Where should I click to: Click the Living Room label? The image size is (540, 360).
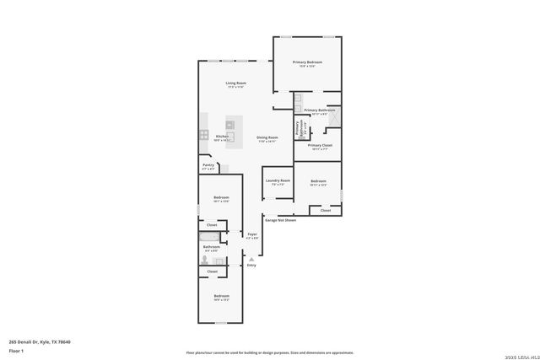click(x=235, y=83)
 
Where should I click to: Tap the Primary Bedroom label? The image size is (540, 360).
click(x=307, y=62)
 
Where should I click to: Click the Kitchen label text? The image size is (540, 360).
click(x=222, y=136)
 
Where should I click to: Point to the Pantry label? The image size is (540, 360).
click(x=208, y=166)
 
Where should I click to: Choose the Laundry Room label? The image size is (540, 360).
click(x=278, y=180)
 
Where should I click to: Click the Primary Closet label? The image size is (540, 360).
click(x=320, y=146)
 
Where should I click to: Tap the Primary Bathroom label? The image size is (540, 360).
click(x=320, y=110)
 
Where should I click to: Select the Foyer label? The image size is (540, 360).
click(x=251, y=234)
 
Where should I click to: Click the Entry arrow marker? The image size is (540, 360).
click(x=251, y=259)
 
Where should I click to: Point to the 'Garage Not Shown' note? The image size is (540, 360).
click(x=281, y=220)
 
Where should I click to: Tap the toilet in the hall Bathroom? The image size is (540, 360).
click(x=205, y=262)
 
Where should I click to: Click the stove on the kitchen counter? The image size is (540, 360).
click(x=203, y=134)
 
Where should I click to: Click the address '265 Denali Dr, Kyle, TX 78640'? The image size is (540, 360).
click(x=40, y=341)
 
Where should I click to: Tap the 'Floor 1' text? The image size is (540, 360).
click(x=15, y=350)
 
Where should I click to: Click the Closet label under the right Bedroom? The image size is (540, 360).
click(x=326, y=210)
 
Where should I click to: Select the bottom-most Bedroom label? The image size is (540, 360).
click(x=221, y=296)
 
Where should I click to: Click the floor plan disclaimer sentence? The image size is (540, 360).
click(x=269, y=352)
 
